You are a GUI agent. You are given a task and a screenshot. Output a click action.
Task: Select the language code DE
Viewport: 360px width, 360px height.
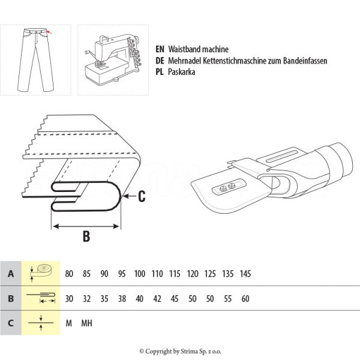pos(160,61)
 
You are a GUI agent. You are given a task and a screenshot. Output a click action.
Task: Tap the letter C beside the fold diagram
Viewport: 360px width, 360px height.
pos(142,195)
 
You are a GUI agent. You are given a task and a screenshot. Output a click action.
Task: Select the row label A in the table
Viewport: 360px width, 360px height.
pos(10,274)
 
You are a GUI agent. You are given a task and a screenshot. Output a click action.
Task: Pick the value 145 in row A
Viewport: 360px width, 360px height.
pos(245,274)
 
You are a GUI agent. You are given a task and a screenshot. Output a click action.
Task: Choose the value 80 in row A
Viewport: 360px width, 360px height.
pos(69,274)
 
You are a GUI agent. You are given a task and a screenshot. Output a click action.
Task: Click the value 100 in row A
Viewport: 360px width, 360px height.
pos(140,274)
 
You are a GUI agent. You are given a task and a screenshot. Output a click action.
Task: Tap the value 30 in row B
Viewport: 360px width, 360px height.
pos(69,298)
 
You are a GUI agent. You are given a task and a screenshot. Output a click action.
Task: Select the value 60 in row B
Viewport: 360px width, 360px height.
pos(245,298)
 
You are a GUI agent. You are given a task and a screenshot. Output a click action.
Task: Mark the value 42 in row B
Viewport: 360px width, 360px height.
pos(157,298)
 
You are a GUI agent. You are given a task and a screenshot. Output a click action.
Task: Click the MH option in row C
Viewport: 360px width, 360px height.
pos(86,323)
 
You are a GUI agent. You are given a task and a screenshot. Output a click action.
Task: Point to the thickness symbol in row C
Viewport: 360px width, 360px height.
pos(41,323)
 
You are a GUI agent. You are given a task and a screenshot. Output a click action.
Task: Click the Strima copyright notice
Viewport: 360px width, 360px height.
pos(180,351)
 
